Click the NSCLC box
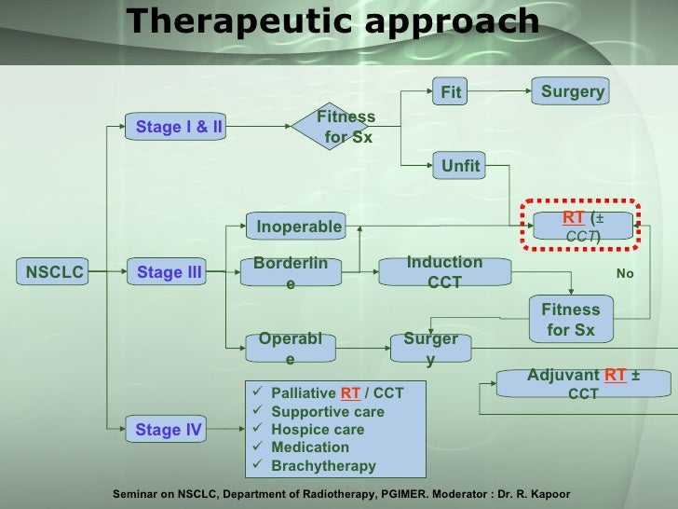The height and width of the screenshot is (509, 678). tap(55, 272)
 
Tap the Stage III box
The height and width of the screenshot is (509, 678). tap(169, 272)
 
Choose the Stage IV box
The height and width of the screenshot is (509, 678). tap(169, 430)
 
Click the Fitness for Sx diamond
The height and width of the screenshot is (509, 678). tap(345, 127)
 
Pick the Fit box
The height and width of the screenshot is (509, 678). tap(452, 92)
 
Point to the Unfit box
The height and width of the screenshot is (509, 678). tap(460, 166)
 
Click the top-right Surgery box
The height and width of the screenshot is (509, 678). tap(573, 91)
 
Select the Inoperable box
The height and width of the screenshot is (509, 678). tap(299, 227)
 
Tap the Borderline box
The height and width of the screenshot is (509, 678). tap(291, 272)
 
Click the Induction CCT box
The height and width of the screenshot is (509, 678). tap(444, 272)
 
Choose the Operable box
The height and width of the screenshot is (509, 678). tap(291, 348)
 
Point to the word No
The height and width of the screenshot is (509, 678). tap(625, 274)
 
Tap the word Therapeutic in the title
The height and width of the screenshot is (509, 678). tap(233, 21)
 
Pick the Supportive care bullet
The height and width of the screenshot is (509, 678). tap(327, 411)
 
